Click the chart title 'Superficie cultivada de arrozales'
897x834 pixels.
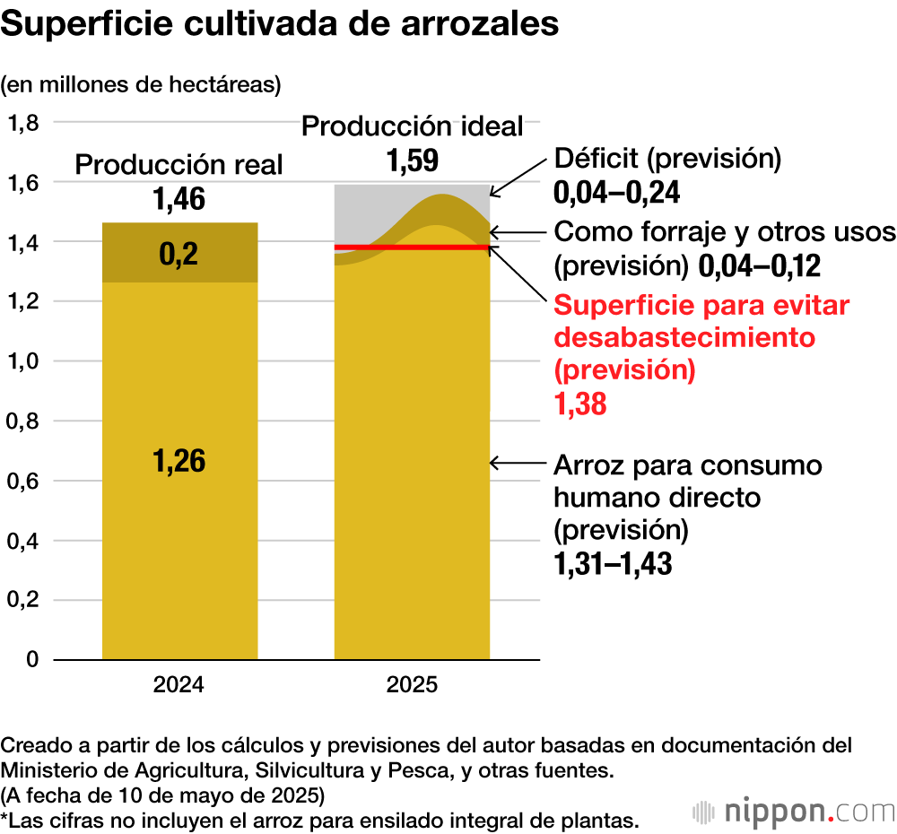pos(280,25)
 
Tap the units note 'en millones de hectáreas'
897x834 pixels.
pos(141,85)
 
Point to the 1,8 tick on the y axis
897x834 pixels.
pos(23,123)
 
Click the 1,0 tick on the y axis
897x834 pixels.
pos(23,361)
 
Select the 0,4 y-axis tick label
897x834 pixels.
pos(23,541)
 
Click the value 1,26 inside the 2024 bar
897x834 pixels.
pos(179,461)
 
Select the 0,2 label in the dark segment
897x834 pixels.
pos(179,256)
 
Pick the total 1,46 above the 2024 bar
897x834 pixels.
pos(179,199)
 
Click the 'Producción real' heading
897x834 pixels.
pos(179,165)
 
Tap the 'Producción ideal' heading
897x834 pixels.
pos(412,126)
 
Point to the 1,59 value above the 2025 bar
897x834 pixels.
pos(412,161)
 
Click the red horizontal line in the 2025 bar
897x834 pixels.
pos(412,247)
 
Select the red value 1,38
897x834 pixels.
pos(580,404)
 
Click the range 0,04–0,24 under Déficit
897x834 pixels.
pos(617,193)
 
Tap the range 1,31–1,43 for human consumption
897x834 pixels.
pos(613,564)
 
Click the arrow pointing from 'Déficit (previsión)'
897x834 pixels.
pos(518,176)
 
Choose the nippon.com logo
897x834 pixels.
pos(794,811)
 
